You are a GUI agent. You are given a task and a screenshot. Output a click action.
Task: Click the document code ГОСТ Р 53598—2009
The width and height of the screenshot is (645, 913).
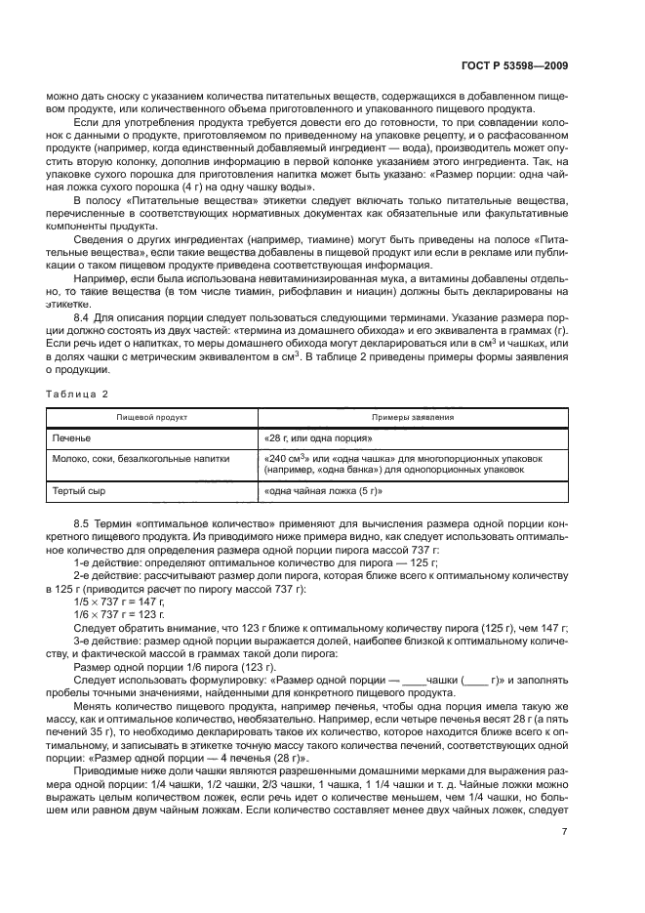click(515, 66)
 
